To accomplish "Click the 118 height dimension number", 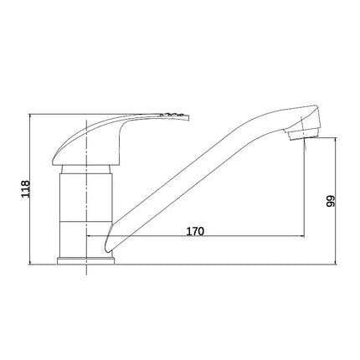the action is click(x=26, y=189).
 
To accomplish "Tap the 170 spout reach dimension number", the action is click(x=195, y=231).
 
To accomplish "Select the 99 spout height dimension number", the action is click(x=331, y=201).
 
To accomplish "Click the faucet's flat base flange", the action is click(x=86, y=261).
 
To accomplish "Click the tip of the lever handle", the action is click(x=188, y=117).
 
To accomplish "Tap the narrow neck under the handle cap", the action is click(x=86, y=169).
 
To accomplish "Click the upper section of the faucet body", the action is click(x=86, y=198).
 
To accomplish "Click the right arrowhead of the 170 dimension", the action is click(x=303, y=236).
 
